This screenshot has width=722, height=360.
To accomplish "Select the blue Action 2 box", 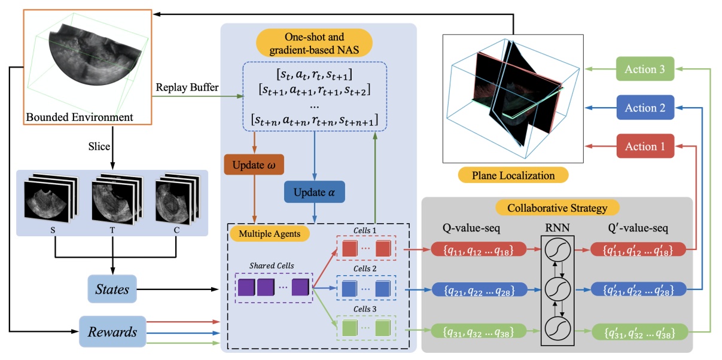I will click(645, 108).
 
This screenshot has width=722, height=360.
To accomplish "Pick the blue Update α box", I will click(315, 194).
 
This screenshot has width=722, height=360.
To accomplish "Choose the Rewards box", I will click(112, 331).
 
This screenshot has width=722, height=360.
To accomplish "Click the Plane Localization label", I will click(513, 175).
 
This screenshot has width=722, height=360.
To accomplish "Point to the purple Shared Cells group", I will click(274, 288).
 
